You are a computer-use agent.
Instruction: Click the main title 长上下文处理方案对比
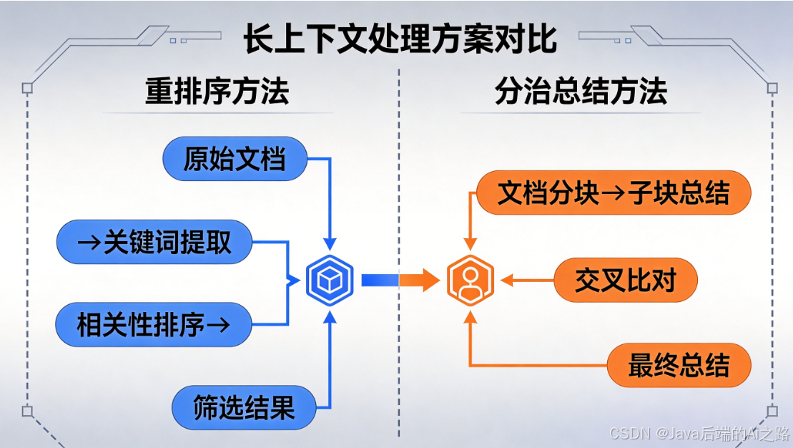click(x=400, y=39)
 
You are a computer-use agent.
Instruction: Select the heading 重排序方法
click(x=217, y=92)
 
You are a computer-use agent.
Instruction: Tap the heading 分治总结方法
click(x=581, y=92)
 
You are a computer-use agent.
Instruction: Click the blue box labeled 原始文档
click(x=235, y=159)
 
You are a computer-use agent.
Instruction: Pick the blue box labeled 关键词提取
click(x=154, y=242)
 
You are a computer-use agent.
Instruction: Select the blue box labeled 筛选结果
click(x=244, y=408)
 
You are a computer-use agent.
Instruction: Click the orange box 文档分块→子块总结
click(x=614, y=193)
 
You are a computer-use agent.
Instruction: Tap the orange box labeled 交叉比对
click(x=625, y=280)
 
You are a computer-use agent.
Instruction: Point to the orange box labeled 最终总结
click(x=679, y=365)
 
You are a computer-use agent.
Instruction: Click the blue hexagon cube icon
click(x=329, y=280)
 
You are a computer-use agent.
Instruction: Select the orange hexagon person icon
click(x=470, y=280)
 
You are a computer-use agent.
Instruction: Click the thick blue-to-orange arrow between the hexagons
click(x=399, y=280)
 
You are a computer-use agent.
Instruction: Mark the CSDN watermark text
click(x=699, y=432)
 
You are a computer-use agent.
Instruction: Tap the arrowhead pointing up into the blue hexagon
click(x=329, y=315)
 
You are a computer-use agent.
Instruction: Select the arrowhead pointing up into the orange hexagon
click(x=470, y=315)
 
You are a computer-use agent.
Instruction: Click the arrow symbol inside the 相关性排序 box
click(x=216, y=326)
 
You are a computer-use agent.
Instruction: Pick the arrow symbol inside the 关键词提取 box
click(x=88, y=243)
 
